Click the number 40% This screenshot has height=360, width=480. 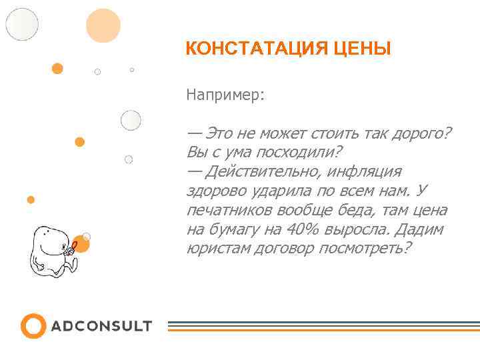pos(303,229)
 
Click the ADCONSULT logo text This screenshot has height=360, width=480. pos(101,327)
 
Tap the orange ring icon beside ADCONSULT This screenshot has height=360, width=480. pos(33,326)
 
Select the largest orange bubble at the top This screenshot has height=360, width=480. pos(103,25)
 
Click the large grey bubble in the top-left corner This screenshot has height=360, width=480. pos(22,24)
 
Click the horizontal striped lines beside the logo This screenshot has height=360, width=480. pos(323,326)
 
